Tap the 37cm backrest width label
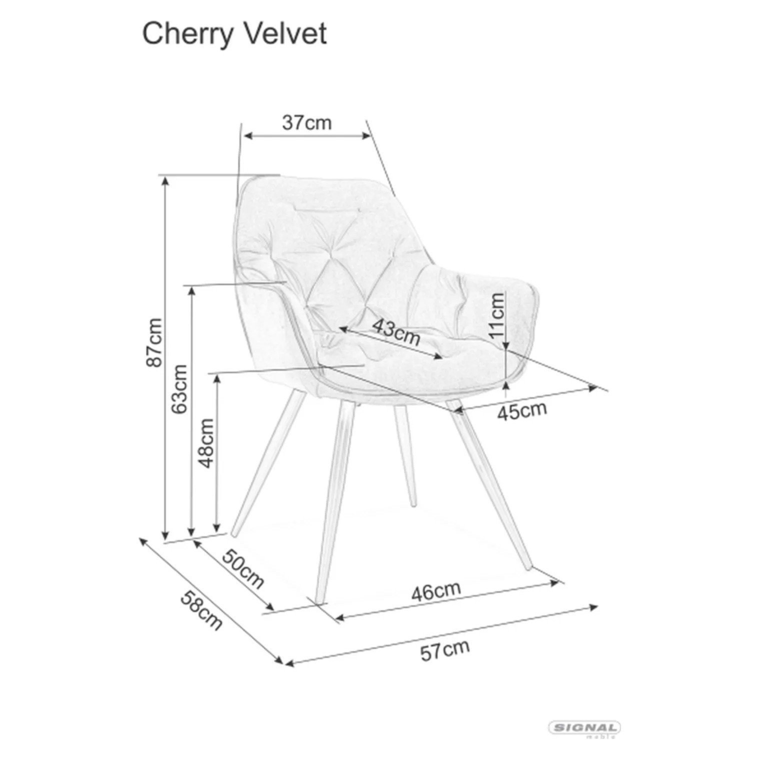click(307, 122)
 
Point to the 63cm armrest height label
click(178, 389)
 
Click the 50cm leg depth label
click(243, 568)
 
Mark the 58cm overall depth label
click(201, 610)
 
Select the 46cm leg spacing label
click(436, 591)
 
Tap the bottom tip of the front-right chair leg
click(530, 569)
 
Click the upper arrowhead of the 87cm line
click(164, 179)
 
